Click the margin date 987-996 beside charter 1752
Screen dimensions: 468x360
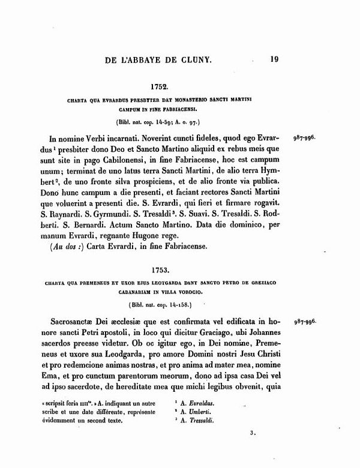(x=310, y=137)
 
